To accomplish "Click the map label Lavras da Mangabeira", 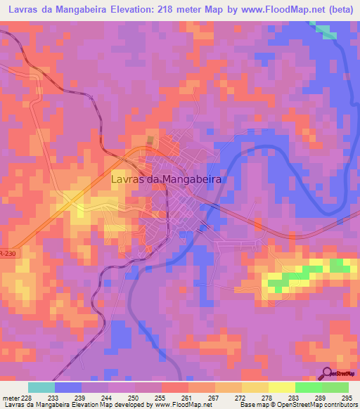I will (x=167, y=179).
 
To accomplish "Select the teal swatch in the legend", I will (x=41, y=387).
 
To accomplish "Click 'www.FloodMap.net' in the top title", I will (x=281, y=11).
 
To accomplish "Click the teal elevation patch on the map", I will (x=325, y=30).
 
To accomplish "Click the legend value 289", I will (x=320, y=397).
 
